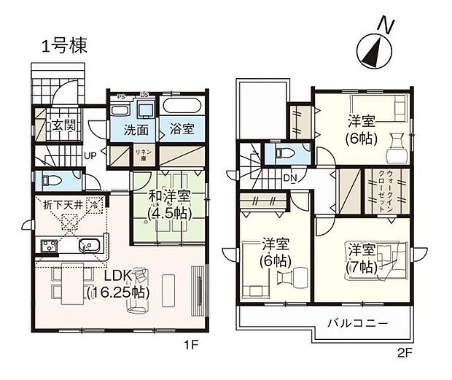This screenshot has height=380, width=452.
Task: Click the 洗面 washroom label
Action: point(136,130)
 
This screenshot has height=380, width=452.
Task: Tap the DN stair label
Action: point(289,179)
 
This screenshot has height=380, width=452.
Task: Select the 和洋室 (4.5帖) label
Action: point(169,204)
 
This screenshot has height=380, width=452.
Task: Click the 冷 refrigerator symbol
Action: point(93,206)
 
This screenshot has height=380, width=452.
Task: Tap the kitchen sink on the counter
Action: point(89,245)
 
